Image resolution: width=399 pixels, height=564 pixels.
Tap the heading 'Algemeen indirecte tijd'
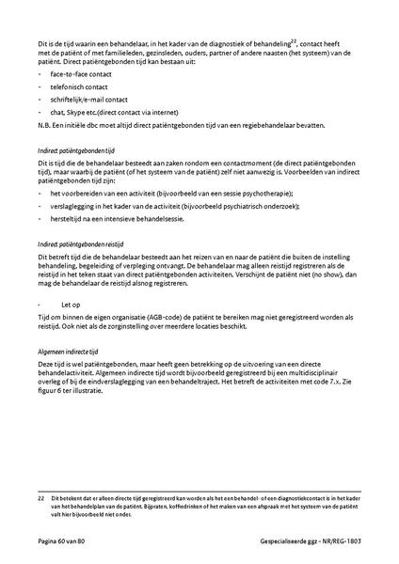click(x=71, y=350)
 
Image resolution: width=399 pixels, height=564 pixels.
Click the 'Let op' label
click(x=72, y=305)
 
